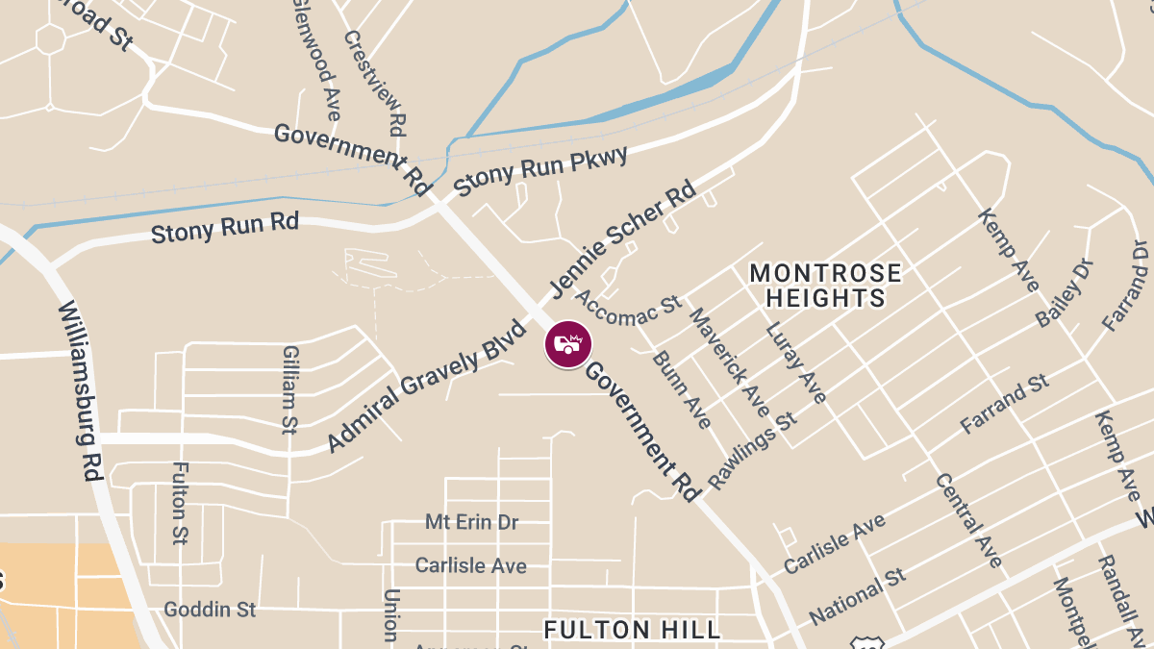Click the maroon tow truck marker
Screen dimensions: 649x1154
click(568, 344)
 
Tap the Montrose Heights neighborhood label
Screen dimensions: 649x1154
click(826, 286)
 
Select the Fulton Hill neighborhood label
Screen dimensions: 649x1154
click(632, 630)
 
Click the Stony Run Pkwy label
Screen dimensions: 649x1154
click(540, 171)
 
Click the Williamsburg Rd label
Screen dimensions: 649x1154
click(81, 389)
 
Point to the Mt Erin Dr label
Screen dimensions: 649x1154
click(471, 522)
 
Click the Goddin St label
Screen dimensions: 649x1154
click(210, 610)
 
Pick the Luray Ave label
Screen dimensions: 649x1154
click(795, 362)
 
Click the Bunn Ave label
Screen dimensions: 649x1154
click(682, 389)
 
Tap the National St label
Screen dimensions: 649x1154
click(858, 596)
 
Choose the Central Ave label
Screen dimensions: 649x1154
click(968, 520)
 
